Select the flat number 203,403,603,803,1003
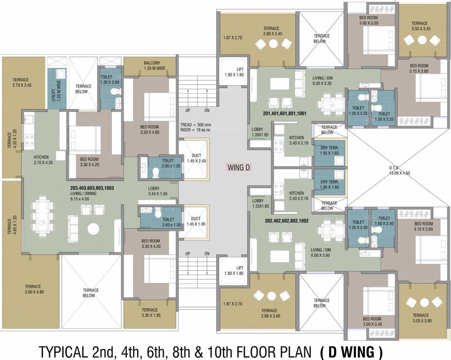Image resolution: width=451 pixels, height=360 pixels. (x=92, y=187)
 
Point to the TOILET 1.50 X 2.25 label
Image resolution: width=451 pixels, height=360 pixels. (x=384, y=116)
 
